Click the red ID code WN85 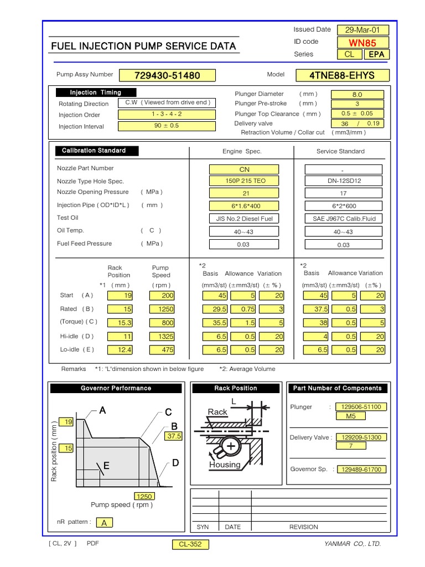pos(366,43)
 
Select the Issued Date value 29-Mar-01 pos(366,30)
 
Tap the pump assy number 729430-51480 pos(167,75)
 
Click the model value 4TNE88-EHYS pos(350,75)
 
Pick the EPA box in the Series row pos(376,54)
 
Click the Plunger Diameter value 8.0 pos(357,95)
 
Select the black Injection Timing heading pos(95,92)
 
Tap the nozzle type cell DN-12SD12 pos(343,181)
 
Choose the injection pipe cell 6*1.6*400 pos(244,205)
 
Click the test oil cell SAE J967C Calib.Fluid pos(343,218)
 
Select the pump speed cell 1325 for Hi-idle pos(162,336)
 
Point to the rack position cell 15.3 pos(121,322)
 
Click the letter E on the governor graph pos(107,466)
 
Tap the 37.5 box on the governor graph pos(174,436)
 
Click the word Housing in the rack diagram pos(225,465)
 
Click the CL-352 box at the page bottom pos(190,544)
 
